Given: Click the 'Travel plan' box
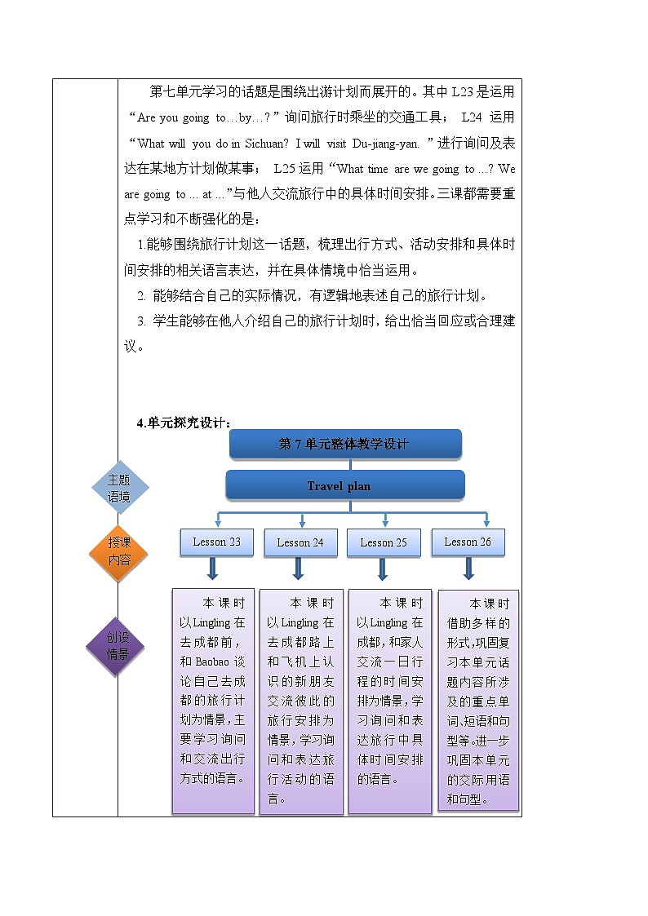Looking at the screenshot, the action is point(345,485).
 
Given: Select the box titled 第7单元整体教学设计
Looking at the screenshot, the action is point(345,444).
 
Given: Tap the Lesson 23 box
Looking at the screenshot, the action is point(216,542).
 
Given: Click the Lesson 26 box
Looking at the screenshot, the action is point(468,542).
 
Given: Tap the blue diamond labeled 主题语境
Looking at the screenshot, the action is point(118,489).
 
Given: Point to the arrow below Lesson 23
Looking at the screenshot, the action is point(213,569).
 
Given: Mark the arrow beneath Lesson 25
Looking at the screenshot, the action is point(383,569).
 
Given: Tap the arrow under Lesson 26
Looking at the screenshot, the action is point(468,569).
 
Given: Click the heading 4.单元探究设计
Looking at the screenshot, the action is point(184,422).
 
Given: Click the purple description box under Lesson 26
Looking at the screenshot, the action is point(478,700).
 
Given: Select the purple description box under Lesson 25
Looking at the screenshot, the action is point(390,700).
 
